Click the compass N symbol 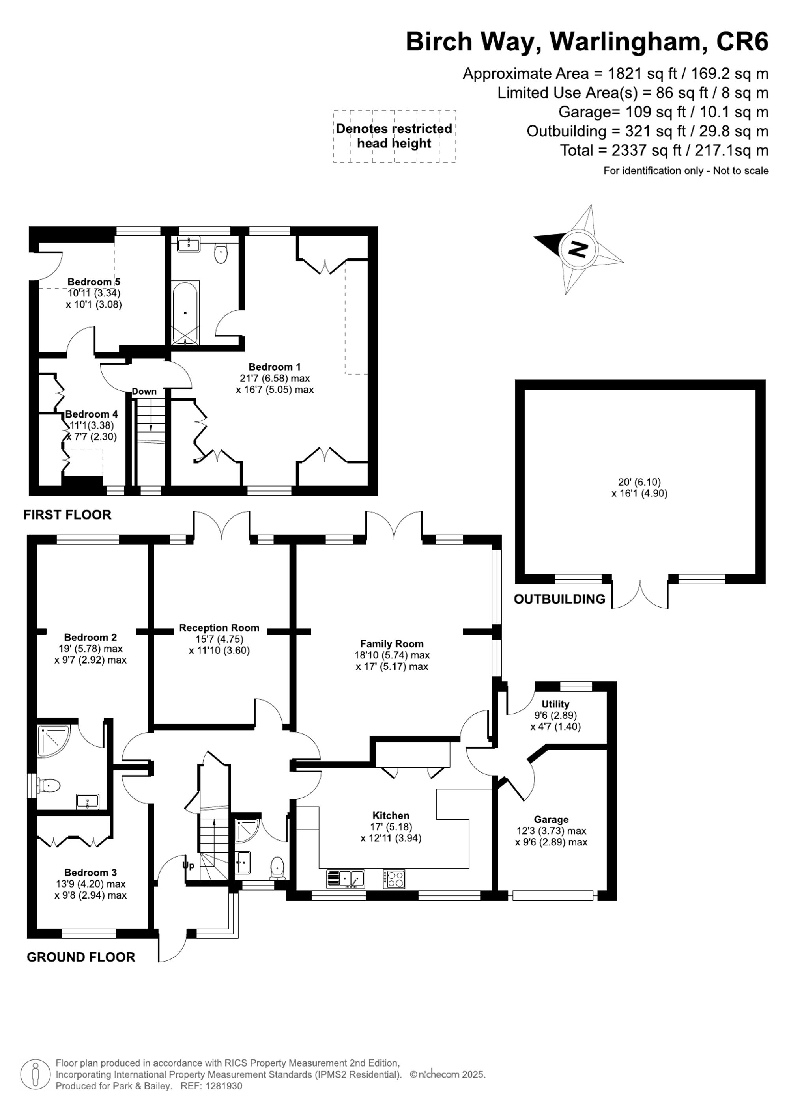click(x=578, y=249)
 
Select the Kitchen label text click(x=391, y=815)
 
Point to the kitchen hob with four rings click(x=394, y=878)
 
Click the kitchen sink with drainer click(x=346, y=878)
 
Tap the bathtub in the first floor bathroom click(x=185, y=313)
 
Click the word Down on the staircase click(x=144, y=392)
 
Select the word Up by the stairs click(x=188, y=865)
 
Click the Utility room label click(x=555, y=704)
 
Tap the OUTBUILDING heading click(x=559, y=599)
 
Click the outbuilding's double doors click(x=640, y=593)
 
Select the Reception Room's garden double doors click(x=222, y=526)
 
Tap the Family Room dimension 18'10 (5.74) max click(x=392, y=655)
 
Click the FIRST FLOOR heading click(x=67, y=515)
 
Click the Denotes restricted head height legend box click(x=394, y=136)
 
